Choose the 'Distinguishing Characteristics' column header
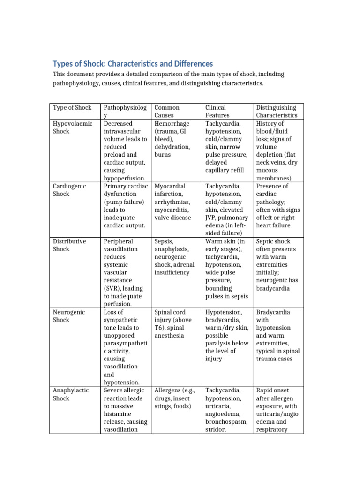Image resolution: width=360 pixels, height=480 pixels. [277, 111]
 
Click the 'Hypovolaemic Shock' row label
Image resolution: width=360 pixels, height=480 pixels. [72, 127]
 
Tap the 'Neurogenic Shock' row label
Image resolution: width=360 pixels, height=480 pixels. [69, 316]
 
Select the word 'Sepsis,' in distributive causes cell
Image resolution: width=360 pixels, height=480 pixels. [164, 241]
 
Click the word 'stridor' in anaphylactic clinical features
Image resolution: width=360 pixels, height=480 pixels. [215, 430]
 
